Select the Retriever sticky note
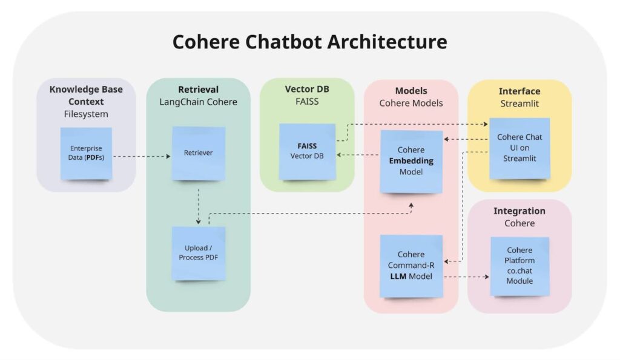point(198,153)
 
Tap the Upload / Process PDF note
point(198,253)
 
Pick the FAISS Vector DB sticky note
point(307,151)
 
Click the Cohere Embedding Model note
point(411,160)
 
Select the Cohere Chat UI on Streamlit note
point(519,148)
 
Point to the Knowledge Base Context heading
point(86,96)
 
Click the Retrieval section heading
point(198,90)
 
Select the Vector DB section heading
point(307,89)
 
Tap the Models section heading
point(411,91)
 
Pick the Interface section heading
point(519,91)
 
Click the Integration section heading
point(519,211)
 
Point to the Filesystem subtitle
point(86,114)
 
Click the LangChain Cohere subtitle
point(198,102)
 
